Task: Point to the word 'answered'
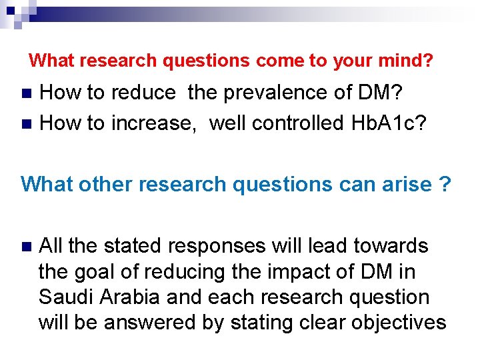pos(143,323)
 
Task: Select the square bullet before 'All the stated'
pos(27,247)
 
